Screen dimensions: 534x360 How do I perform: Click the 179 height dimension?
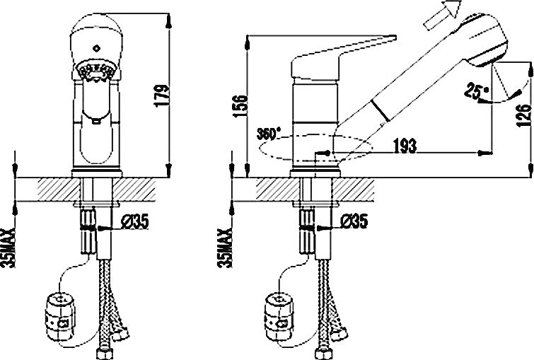click(x=162, y=95)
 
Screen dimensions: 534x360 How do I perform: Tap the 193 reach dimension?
click(x=405, y=146)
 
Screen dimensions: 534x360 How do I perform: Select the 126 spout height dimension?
click(x=523, y=115)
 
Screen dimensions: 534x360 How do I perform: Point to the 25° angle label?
click(x=477, y=91)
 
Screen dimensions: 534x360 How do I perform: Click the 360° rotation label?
click(x=269, y=134)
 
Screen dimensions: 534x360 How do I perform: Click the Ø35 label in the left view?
click(x=135, y=222)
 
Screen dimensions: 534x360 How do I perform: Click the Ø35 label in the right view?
click(x=354, y=221)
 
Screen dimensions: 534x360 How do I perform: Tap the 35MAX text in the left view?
click(x=10, y=248)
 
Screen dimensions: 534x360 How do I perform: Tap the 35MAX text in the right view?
click(x=225, y=248)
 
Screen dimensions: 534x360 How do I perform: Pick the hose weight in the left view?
click(x=59, y=317)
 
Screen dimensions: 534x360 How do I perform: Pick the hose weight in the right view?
click(x=279, y=317)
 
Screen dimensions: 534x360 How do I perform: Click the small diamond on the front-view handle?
click(x=97, y=48)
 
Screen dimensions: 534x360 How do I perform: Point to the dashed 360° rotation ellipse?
click(x=315, y=147)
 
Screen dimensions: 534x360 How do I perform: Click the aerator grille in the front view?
click(x=96, y=71)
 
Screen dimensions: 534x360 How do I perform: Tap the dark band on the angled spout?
click(x=380, y=110)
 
